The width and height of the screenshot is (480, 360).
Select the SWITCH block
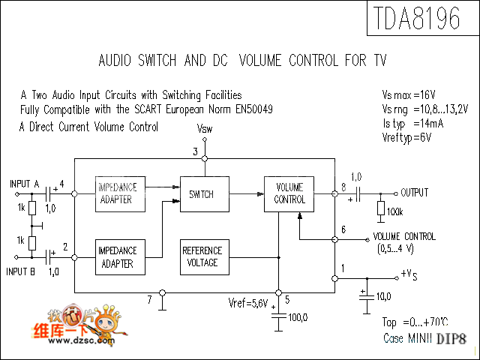(x=201, y=195)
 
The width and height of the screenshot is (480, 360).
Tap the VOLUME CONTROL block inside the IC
(x=290, y=194)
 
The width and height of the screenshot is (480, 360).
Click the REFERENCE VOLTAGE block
(x=202, y=257)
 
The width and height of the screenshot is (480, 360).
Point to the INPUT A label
(x=25, y=184)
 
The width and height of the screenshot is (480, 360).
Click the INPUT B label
(x=22, y=271)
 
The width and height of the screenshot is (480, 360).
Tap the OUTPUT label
(x=414, y=193)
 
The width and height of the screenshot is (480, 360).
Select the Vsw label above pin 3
(x=204, y=130)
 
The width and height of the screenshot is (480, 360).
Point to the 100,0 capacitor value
(x=298, y=318)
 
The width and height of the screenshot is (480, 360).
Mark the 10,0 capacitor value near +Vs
(x=383, y=296)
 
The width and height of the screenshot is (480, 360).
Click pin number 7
(x=150, y=300)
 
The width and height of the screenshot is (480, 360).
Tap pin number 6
(x=343, y=229)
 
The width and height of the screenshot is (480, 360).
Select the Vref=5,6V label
(x=248, y=304)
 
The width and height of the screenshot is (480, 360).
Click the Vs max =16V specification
(x=409, y=96)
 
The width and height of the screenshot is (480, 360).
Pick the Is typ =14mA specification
(x=412, y=123)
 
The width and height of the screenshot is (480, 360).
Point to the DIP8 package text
(x=452, y=339)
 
